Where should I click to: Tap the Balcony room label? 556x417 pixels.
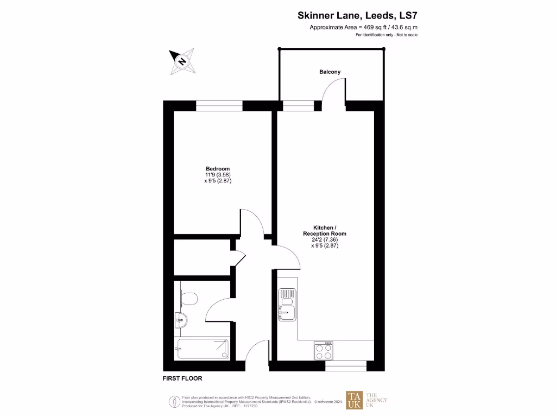pos(330,72)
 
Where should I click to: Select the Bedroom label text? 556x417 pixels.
pos(217,168)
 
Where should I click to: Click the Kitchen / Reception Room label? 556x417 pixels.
pos(325,230)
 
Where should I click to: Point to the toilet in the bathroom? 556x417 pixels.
pos(188,299)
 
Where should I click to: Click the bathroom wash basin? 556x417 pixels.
pos(181,321)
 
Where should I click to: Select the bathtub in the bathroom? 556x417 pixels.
pos(201,348)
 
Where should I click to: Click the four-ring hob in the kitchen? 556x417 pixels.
pos(324,351)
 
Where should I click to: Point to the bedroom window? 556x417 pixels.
pos(219,106)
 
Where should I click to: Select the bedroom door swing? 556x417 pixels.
pos(254,221)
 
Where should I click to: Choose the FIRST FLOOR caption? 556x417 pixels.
pos(182,378)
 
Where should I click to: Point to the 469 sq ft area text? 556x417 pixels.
pos(363,27)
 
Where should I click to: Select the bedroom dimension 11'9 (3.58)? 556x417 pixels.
pos(217,175)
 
